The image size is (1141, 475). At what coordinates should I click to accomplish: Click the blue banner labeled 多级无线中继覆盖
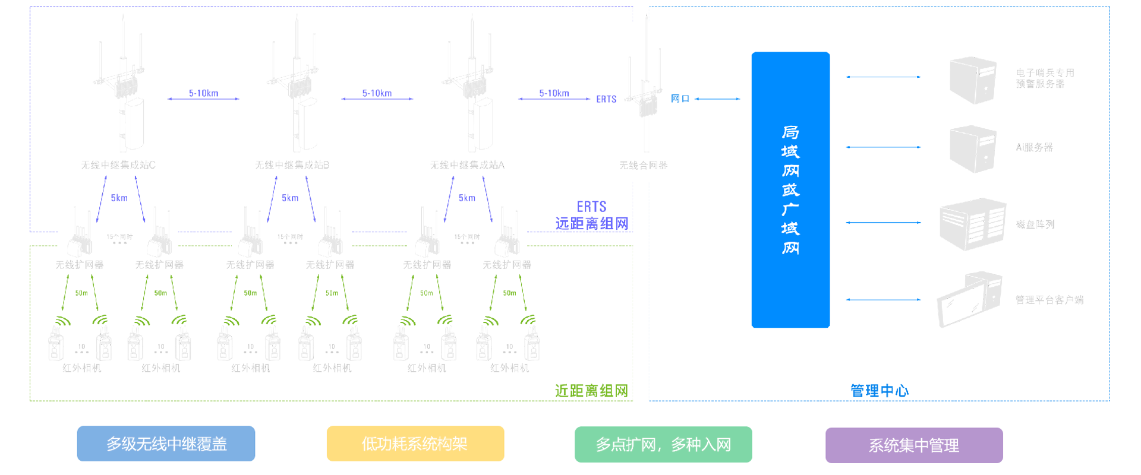(x=166, y=444)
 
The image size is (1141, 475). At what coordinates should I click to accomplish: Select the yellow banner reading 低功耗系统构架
(x=414, y=444)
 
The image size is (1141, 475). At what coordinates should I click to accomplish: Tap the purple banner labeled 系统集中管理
(x=913, y=445)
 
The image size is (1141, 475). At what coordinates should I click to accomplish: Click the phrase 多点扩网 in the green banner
(x=625, y=445)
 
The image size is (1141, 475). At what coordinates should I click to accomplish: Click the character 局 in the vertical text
(x=790, y=132)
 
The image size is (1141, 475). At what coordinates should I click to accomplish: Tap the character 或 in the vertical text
(x=790, y=190)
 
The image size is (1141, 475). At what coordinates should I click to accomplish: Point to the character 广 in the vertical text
(x=790, y=209)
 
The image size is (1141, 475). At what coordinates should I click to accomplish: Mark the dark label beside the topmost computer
(x=1047, y=77)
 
